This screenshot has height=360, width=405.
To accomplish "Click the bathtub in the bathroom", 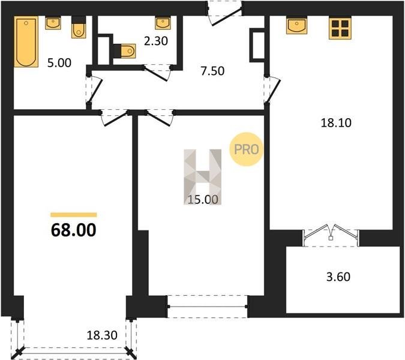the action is (26, 41).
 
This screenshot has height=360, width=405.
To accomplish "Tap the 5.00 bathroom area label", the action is (59, 63).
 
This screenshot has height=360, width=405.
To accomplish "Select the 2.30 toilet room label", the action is (156, 41).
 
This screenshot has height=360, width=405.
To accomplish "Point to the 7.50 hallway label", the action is (212, 71).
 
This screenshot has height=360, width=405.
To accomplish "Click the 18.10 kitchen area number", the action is (336, 122).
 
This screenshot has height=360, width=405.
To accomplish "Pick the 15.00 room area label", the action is (203, 199).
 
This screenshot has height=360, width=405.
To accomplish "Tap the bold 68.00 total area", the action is (74, 230).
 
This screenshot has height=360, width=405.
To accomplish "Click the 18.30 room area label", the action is (102, 335).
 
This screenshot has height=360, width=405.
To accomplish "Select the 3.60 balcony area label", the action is (338, 277).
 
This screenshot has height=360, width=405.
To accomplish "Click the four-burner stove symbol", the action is (340, 28).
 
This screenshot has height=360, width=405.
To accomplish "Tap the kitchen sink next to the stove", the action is (297, 25).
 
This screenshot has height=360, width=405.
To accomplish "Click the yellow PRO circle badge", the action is (247, 149).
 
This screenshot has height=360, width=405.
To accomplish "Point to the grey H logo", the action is (203, 177).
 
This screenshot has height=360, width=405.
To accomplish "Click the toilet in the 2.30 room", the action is (124, 50).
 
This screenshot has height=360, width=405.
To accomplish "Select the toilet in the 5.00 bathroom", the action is (79, 28).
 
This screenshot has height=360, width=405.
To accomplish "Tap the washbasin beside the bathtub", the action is (53, 23).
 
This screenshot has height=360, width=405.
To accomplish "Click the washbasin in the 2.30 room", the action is (163, 23).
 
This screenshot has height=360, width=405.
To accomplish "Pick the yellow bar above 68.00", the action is (74, 215).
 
